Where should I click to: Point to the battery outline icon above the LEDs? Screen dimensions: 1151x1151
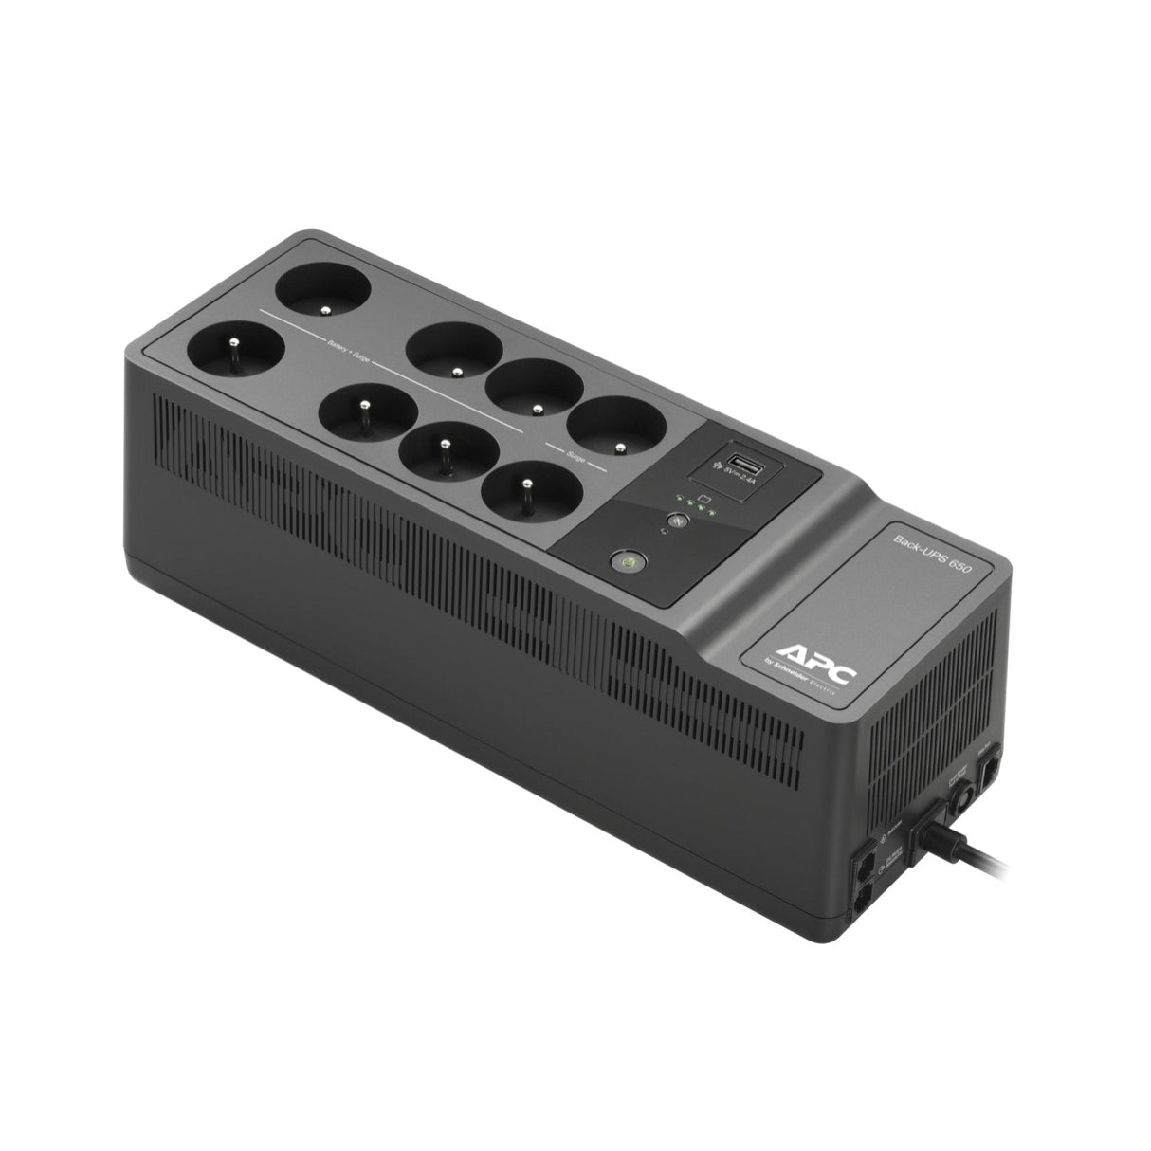[703, 495]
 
